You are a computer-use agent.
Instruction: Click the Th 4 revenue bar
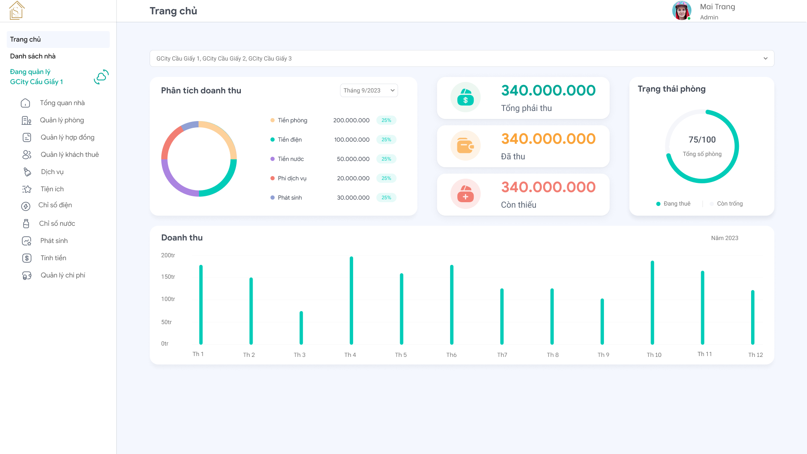351,301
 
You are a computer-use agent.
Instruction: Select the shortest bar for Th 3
301,328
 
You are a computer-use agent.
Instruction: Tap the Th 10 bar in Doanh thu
652,303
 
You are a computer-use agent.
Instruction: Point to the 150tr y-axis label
168,277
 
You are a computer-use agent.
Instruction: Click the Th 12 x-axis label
755,355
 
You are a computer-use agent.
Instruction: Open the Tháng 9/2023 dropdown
369,90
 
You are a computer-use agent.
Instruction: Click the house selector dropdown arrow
765,58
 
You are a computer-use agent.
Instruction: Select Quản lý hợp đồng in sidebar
67,137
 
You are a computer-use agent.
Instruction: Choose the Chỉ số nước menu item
57,224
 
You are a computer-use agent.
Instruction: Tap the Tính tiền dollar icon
27,258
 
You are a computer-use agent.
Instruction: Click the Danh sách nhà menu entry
33,56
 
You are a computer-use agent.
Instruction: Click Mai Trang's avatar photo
681,11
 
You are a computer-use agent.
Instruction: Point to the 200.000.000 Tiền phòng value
351,120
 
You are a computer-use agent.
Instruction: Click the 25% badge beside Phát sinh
386,198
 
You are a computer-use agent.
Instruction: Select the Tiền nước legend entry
290,159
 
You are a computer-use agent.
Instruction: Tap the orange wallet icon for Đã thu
465,146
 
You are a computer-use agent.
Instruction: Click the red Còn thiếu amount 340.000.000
548,187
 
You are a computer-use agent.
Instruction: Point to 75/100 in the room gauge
702,140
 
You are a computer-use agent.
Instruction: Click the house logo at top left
17,11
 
